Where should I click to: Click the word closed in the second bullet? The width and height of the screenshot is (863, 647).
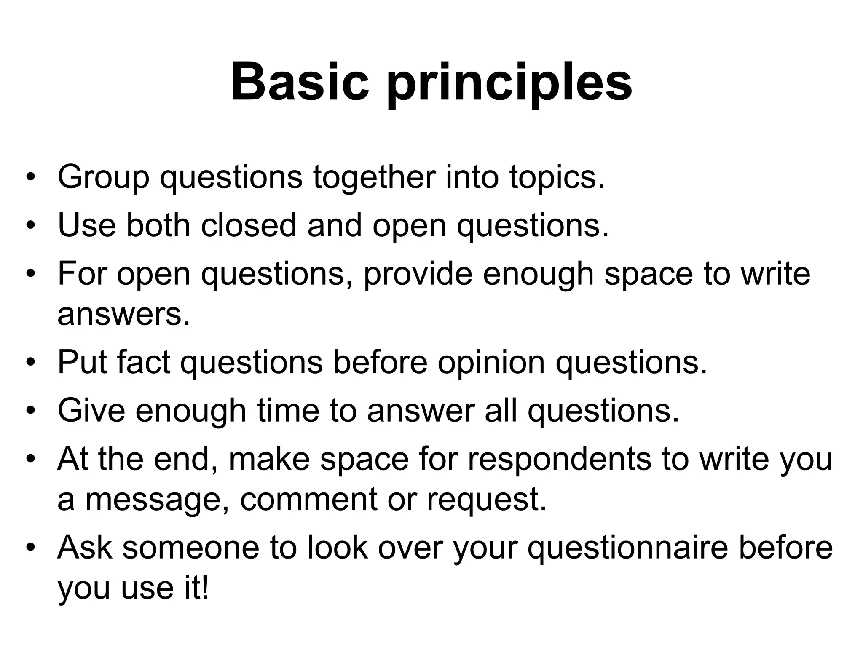[x=249, y=225]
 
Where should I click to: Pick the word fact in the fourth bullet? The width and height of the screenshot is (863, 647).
[x=143, y=362]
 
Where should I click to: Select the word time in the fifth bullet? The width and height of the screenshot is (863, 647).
[x=288, y=410]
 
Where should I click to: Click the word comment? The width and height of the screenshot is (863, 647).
[x=308, y=500]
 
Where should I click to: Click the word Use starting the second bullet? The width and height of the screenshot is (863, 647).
[x=86, y=225]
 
